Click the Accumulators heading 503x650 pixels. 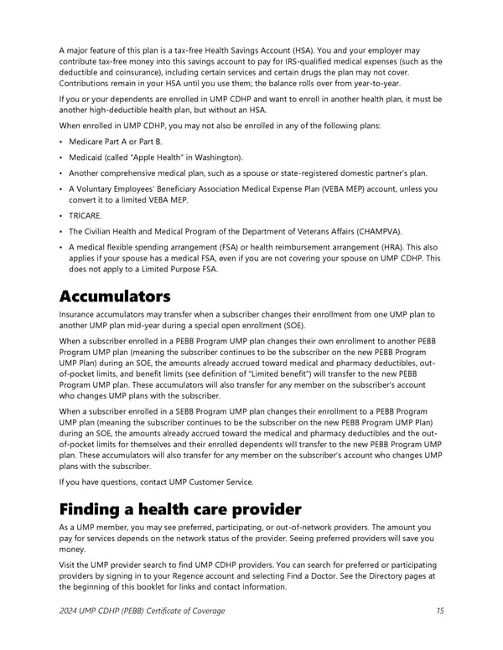click(115, 297)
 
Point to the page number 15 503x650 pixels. click(440, 611)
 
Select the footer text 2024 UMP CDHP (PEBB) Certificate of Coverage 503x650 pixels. click(142, 611)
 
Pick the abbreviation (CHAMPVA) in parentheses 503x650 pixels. click(376, 230)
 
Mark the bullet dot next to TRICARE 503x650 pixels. click(61, 215)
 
